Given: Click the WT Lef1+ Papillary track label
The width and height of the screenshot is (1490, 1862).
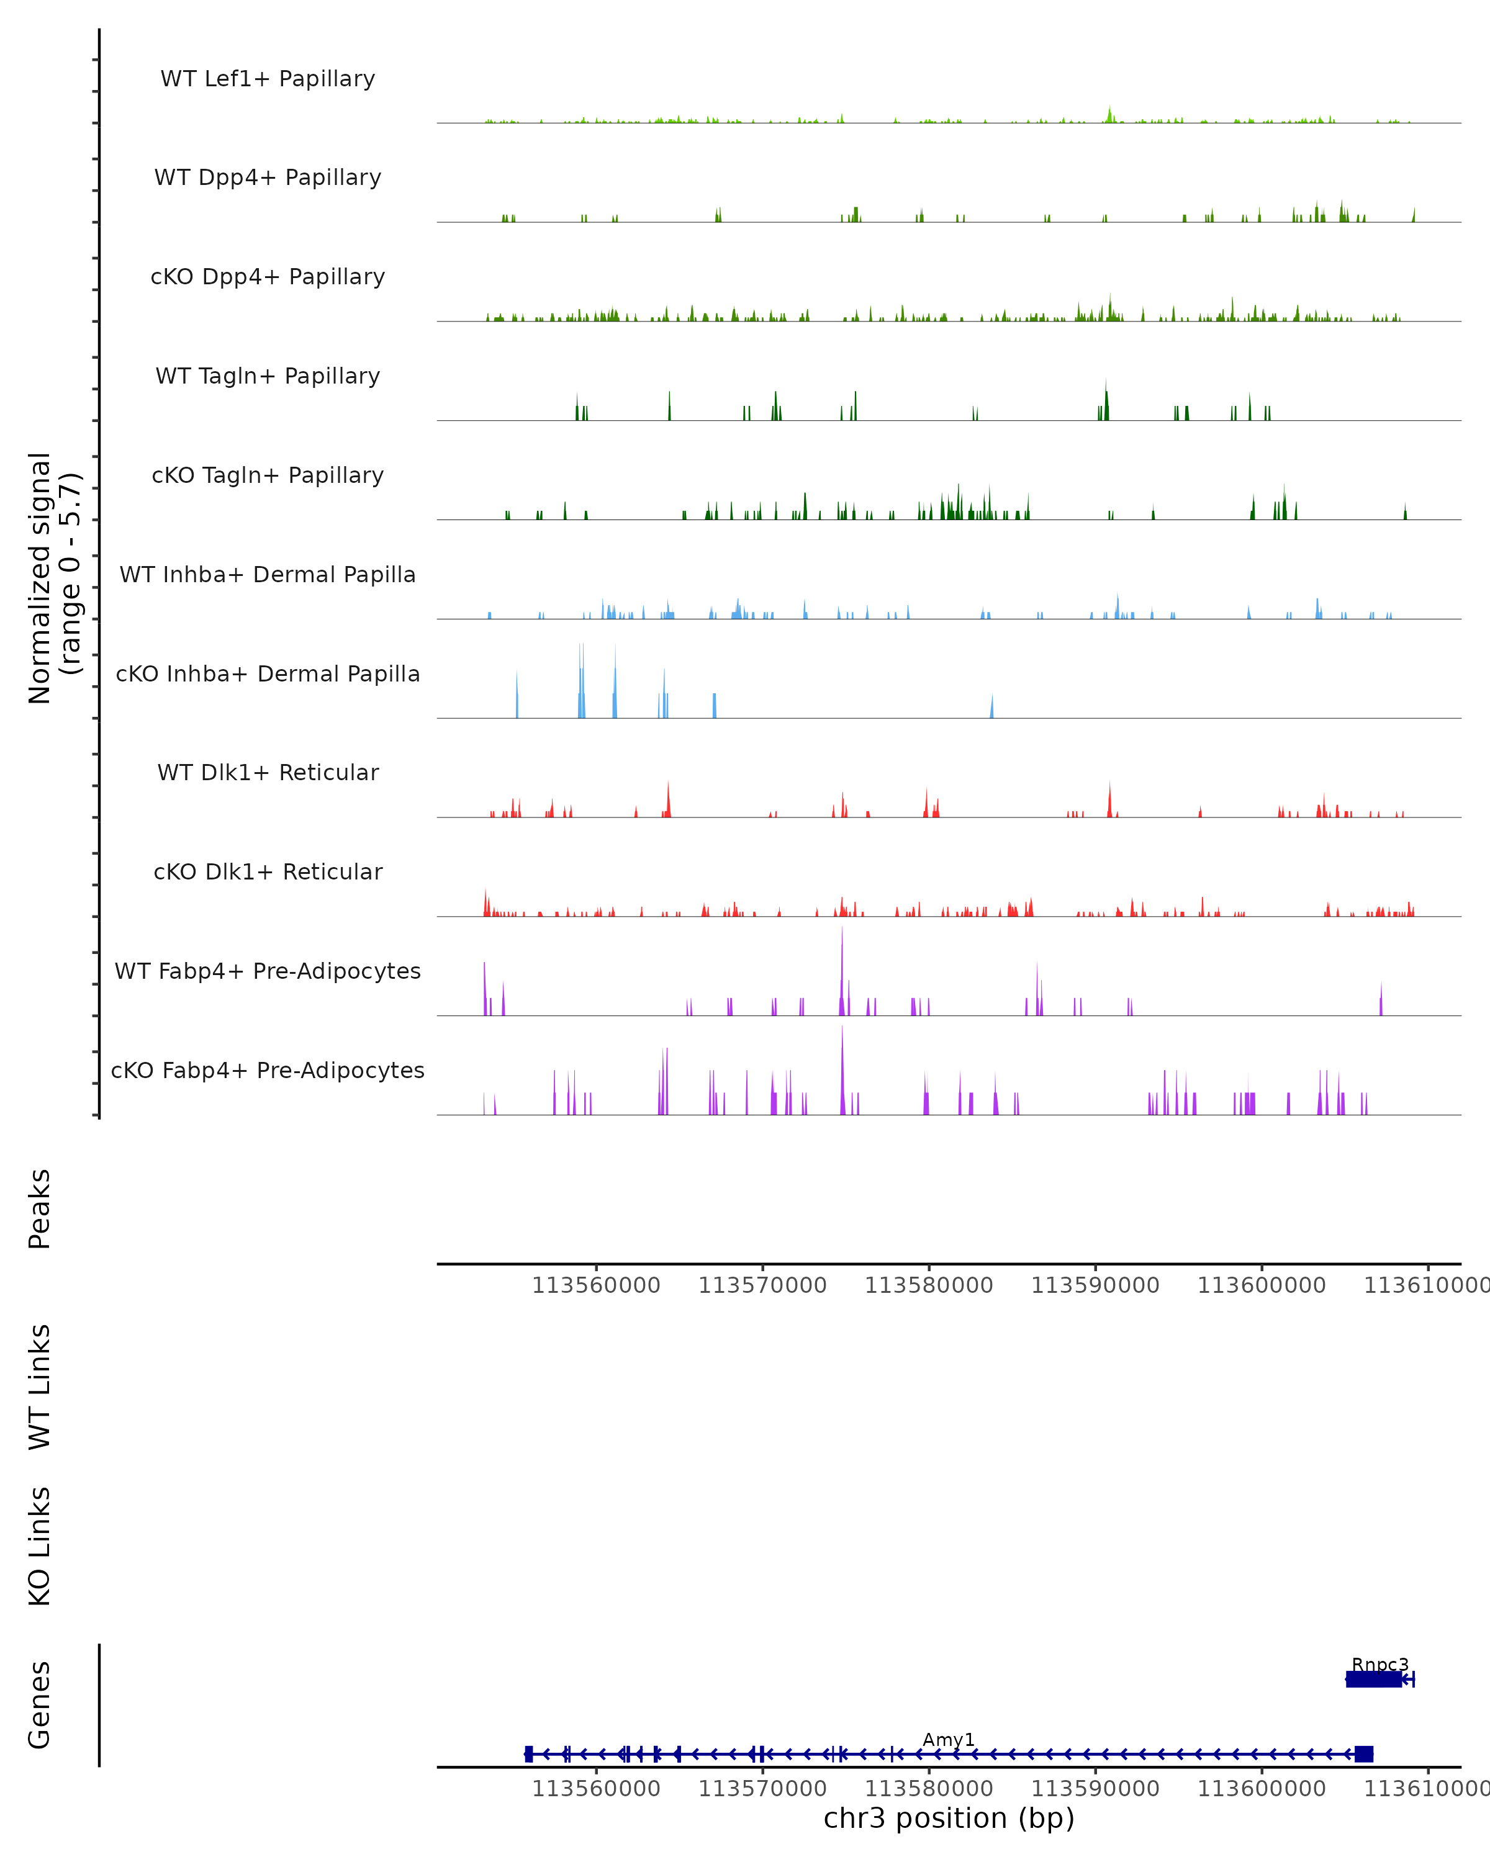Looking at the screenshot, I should [x=268, y=79].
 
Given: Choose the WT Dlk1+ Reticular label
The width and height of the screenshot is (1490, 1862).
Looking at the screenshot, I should [x=268, y=772].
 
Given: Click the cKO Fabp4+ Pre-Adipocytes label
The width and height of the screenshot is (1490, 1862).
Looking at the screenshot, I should [x=268, y=1070].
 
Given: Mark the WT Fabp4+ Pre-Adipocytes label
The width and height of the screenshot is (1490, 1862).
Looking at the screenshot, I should [x=268, y=971].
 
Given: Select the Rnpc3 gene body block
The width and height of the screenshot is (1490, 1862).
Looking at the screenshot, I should [x=1373, y=1679].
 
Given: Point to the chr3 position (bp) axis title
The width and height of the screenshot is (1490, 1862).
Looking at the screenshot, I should [x=949, y=1818].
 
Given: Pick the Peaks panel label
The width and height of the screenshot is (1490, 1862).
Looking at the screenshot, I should [x=40, y=1208].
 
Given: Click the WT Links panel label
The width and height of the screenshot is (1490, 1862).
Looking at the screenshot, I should [x=40, y=1386].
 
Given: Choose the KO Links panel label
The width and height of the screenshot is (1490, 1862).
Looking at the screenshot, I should [x=40, y=1546].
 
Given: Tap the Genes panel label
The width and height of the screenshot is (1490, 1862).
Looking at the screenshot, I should [x=40, y=1705].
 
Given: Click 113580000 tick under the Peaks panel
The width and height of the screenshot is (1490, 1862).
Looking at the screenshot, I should [x=929, y=1286].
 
